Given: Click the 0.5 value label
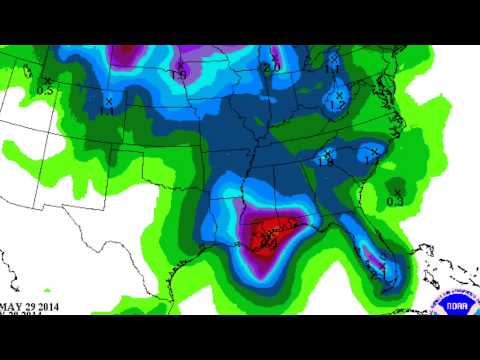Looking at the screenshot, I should tap(45, 91).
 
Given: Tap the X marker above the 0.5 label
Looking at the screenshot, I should tap(47, 80).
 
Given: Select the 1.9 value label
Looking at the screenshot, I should tap(180, 75).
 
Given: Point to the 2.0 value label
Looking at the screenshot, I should tap(270, 68).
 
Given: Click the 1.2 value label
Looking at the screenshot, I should tap(337, 105).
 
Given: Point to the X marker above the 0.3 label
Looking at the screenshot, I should tap(397, 191).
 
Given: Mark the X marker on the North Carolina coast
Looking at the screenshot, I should tap(372, 151).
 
